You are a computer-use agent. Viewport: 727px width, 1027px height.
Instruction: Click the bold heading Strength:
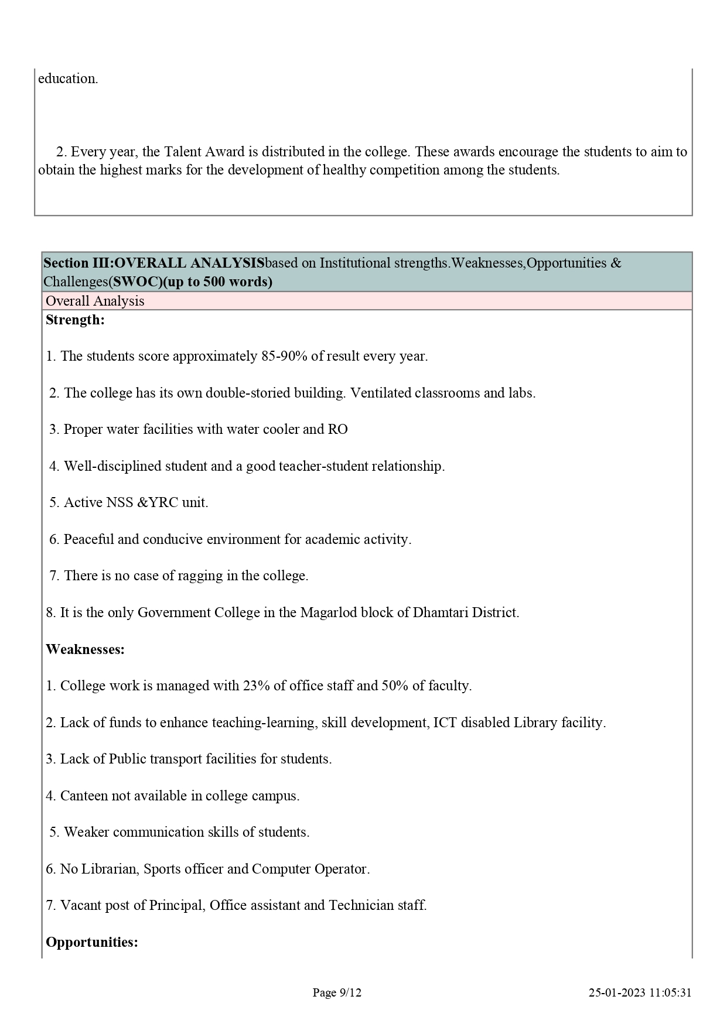point(75,320)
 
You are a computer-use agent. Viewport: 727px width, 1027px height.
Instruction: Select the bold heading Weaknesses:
point(85,649)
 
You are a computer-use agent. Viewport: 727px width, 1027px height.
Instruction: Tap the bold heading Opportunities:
point(92,942)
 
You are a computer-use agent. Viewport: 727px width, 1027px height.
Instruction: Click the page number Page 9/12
point(337,992)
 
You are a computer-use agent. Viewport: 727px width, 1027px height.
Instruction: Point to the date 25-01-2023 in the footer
point(617,992)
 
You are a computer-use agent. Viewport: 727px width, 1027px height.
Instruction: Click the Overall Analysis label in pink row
point(95,301)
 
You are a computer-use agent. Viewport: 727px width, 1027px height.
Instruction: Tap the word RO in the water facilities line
point(337,430)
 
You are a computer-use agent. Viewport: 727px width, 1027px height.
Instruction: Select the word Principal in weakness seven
point(176,906)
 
